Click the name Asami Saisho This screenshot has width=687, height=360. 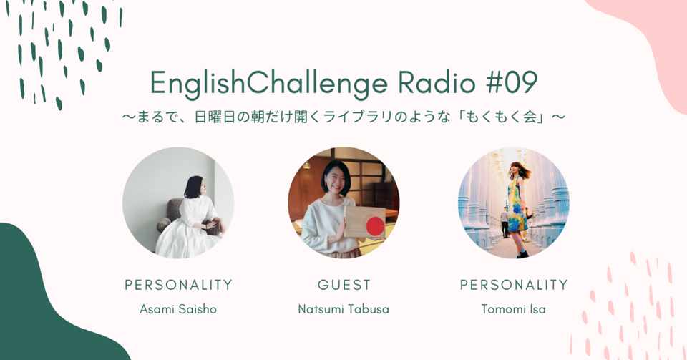click(x=178, y=309)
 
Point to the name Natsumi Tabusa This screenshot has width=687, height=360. click(x=343, y=309)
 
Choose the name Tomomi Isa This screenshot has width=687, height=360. click(x=514, y=309)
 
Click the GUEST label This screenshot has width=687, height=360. click(x=344, y=285)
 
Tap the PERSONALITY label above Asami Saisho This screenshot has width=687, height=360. click(x=178, y=285)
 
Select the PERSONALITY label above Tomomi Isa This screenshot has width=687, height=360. click(x=514, y=285)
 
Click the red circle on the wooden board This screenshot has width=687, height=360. click(x=375, y=226)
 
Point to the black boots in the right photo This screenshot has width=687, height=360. click(x=522, y=253)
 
